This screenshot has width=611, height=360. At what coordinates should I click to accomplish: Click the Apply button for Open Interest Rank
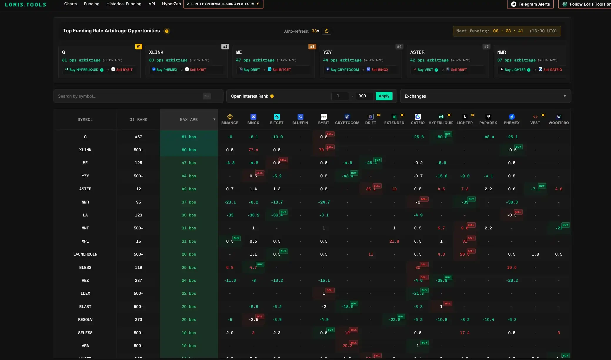pyautogui.click(x=384, y=96)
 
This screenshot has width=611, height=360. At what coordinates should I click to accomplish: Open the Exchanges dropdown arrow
pyautogui.click(x=565, y=96)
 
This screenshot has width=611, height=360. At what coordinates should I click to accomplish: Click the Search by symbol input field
pyautogui.click(x=129, y=96)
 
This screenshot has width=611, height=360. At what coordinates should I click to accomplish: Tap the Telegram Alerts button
pyautogui.click(x=530, y=4)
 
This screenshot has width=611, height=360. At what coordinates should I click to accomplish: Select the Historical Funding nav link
pyautogui.click(x=124, y=4)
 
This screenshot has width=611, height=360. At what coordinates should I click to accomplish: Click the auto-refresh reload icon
pyautogui.click(x=326, y=31)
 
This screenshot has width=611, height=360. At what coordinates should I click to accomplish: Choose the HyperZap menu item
pyautogui.click(x=171, y=4)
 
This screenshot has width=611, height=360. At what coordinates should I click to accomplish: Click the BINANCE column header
pyautogui.click(x=230, y=119)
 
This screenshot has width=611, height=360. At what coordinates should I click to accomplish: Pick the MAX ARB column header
pyautogui.click(x=189, y=119)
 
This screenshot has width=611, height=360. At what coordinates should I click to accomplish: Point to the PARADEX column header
pyautogui.click(x=488, y=119)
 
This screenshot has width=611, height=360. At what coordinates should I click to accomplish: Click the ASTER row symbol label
pyautogui.click(x=85, y=189)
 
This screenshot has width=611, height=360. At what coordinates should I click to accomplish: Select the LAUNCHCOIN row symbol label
pyautogui.click(x=85, y=254)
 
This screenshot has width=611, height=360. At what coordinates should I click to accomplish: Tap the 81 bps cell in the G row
pyautogui.click(x=189, y=137)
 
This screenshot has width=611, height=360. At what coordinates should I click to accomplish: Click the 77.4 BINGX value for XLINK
pyautogui.click(x=253, y=150)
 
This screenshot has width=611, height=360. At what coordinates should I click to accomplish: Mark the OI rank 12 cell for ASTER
pyautogui.click(x=138, y=189)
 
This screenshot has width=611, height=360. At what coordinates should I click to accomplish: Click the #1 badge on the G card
pyautogui.click(x=138, y=46)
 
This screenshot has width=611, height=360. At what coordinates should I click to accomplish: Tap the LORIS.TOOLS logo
pyautogui.click(x=26, y=4)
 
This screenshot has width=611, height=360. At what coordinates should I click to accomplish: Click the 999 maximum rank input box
pyautogui.click(x=364, y=96)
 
